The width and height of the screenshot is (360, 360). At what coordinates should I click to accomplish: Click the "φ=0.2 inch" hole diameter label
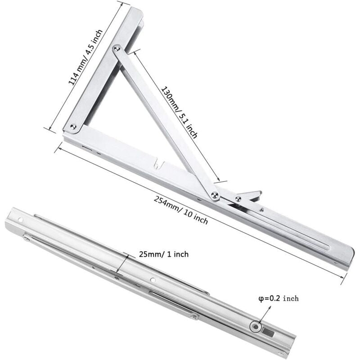point(278,298)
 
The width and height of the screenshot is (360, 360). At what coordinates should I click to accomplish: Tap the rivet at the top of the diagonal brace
point(117,47)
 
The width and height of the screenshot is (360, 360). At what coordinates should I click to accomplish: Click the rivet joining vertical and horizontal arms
point(73,127)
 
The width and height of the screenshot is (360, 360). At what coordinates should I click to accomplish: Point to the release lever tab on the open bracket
point(250,195)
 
